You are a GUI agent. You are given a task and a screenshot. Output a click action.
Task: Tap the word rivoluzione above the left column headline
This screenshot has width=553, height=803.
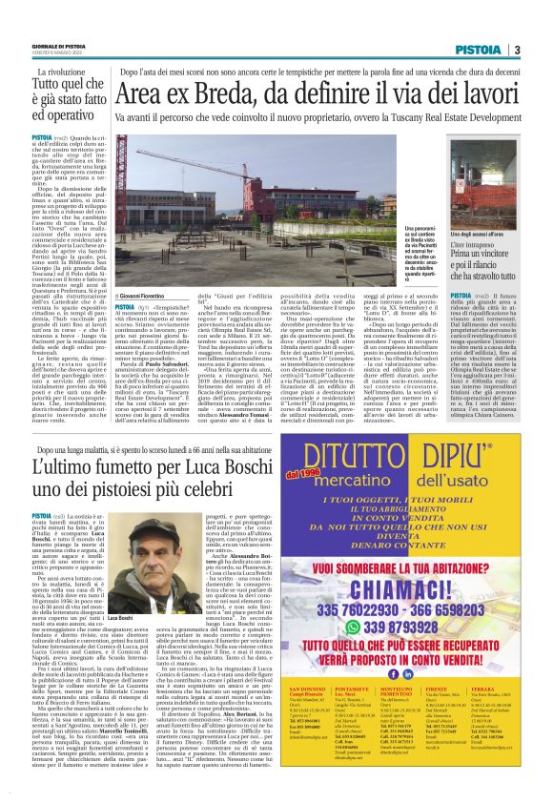coord(77,72)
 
